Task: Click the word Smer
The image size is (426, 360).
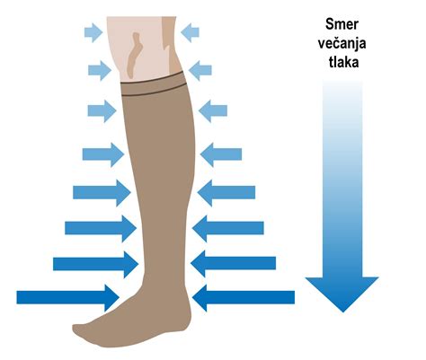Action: point(342,24)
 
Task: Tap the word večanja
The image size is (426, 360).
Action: point(342,43)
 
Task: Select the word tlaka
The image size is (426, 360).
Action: point(343,62)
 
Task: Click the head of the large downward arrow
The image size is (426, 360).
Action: point(342,294)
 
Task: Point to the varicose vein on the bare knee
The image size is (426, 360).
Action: point(133,56)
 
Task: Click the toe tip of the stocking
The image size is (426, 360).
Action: point(75,329)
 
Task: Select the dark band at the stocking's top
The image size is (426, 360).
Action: point(153,83)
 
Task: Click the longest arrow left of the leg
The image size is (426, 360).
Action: point(68,297)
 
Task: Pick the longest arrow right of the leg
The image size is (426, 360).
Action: point(244,297)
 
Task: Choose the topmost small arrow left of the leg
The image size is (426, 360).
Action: point(93,32)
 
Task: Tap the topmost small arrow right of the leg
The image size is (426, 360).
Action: point(190,32)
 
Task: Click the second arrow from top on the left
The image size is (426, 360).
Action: point(100,71)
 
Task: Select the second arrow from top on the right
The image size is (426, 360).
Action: point(200,71)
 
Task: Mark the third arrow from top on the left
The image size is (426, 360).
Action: point(102,111)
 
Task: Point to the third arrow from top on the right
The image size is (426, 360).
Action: point(213,111)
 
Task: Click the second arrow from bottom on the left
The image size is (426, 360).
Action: point(96,264)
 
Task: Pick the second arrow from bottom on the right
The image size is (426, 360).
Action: point(233,263)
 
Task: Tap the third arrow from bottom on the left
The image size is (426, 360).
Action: point(101,228)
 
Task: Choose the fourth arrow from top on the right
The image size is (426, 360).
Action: point(221,154)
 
